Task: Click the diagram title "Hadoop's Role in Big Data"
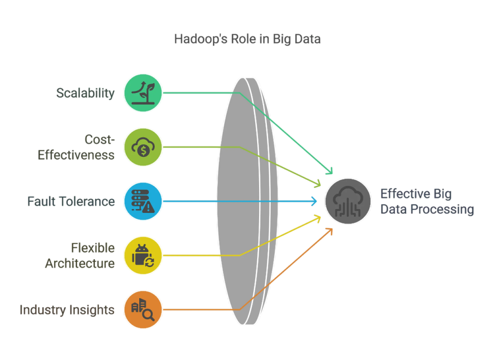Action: [x=247, y=39]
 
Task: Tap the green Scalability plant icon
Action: [x=143, y=93]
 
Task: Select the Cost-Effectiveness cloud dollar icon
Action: [x=143, y=147]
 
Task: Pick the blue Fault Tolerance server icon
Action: [x=143, y=201]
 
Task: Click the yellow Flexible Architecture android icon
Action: [x=143, y=255]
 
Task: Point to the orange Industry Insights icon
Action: [x=143, y=310]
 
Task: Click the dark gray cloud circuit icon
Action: [x=348, y=201]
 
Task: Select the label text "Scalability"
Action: [x=86, y=93]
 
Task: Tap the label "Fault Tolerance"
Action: [x=71, y=201]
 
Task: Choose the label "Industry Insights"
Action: [x=67, y=310]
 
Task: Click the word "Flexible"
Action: [x=93, y=248]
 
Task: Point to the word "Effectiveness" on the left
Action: [x=76, y=155]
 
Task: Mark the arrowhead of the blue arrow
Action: [x=314, y=201]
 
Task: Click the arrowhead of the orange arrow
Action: [x=330, y=231]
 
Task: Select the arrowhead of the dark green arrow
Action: [x=331, y=171]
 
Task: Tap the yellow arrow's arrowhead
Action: [x=319, y=218]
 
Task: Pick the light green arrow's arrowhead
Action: [x=319, y=184]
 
